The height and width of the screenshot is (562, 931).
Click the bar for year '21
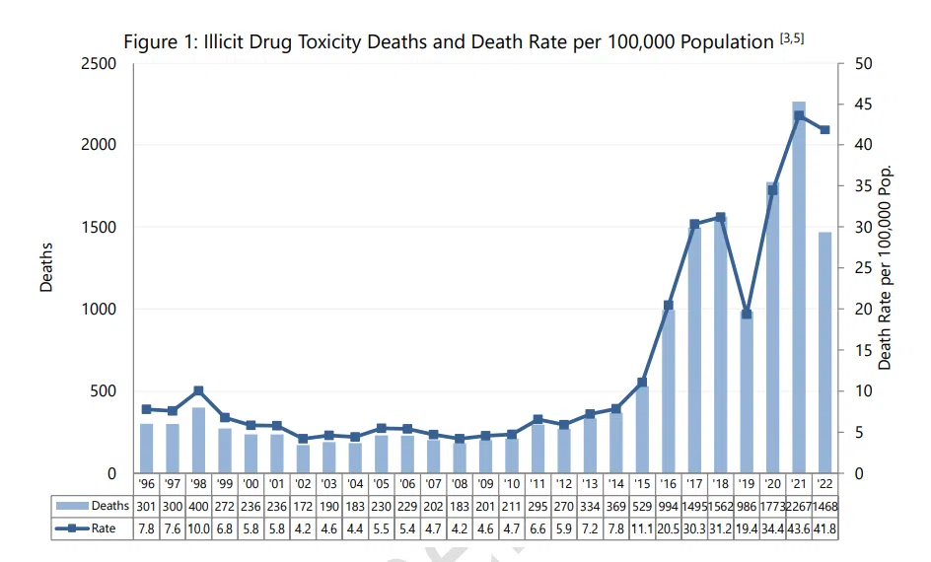click(x=799, y=286)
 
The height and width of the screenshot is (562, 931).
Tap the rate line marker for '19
click(x=747, y=314)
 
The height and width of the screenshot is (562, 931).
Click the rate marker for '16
click(x=668, y=305)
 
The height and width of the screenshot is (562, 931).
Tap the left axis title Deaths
click(x=46, y=267)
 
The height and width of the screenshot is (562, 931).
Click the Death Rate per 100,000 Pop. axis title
click(x=885, y=267)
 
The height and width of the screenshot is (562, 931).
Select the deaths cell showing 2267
click(x=799, y=506)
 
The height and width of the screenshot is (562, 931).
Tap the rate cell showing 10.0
click(x=198, y=529)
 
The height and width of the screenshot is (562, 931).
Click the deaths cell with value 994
click(x=668, y=506)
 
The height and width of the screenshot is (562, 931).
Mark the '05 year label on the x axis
click(x=381, y=485)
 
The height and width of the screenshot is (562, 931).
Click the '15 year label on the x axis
click(x=642, y=485)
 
